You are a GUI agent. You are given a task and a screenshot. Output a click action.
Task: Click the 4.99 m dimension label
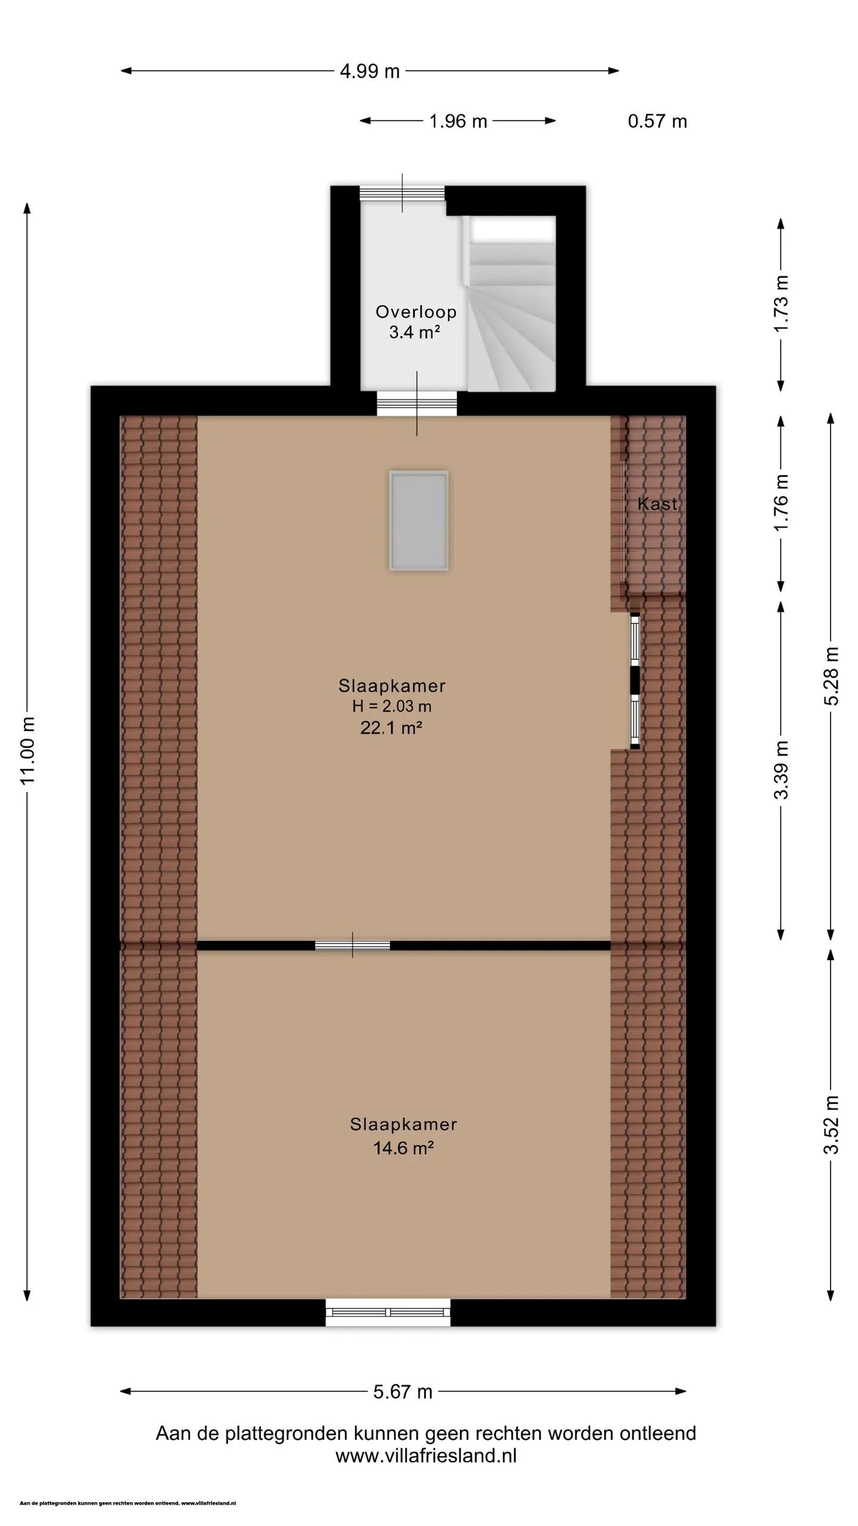(369, 72)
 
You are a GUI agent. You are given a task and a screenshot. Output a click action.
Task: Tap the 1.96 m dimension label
(458, 122)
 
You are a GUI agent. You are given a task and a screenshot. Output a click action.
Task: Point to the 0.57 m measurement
(657, 122)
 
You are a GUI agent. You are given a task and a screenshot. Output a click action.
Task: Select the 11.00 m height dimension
(28, 751)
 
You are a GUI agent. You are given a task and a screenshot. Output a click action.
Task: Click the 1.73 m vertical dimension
(781, 304)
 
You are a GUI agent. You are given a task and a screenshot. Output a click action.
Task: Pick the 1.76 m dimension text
(781, 503)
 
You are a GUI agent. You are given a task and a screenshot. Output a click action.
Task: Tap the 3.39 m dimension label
(781, 770)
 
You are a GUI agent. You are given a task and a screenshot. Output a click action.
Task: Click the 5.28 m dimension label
(831, 676)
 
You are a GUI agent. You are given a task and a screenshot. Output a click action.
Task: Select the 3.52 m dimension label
(831, 1125)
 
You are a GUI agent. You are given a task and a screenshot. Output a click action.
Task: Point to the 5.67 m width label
(403, 1392)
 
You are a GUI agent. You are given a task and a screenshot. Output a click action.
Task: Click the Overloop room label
(416, 312)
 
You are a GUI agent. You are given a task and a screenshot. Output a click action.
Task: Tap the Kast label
(657, 504)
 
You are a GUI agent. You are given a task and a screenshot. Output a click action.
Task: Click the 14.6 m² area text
(403, 1147)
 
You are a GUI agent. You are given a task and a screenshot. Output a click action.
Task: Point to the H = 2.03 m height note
(391, 706)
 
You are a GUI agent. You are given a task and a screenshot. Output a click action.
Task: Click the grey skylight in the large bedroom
(419, 520)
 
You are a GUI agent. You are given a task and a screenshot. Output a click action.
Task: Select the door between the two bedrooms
(353, 945)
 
